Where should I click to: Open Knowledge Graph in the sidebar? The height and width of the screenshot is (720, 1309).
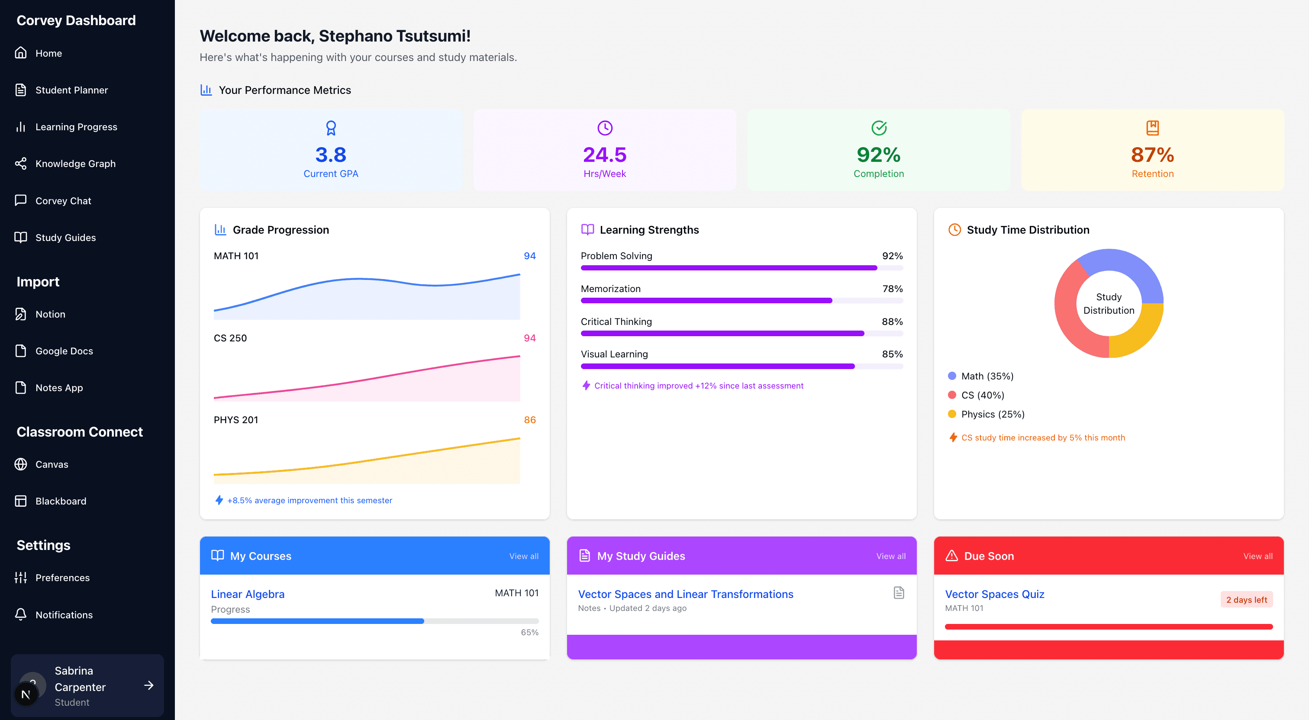(75, 164)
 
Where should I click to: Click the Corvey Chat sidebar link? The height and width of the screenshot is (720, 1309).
(63, 201)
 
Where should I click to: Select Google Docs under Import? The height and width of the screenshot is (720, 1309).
(64, 351)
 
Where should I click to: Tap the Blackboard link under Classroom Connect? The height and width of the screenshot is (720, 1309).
(61, 501)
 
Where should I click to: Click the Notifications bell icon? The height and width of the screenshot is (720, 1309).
(21, 614)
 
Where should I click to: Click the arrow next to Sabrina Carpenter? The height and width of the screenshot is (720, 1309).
(148, 685)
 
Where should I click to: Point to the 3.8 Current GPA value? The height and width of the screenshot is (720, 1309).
(331, 154)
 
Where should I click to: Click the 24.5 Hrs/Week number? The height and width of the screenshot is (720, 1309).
(604, 154)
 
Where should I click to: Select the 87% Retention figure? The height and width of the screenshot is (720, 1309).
(1152, 154)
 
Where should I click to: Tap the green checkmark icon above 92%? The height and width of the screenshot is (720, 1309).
(879, 128)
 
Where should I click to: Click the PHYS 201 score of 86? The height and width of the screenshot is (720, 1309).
(529, 420)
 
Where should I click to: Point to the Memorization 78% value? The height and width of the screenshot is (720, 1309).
(892, 289)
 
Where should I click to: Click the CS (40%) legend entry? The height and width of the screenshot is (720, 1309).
(982, 395)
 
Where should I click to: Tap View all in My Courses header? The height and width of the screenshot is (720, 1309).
(523, 556)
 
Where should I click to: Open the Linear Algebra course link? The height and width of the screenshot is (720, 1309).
(248, 594)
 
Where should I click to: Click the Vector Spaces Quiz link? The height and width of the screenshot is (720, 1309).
(994, 594)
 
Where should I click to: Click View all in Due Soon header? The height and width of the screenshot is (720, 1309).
(1257, 556)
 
